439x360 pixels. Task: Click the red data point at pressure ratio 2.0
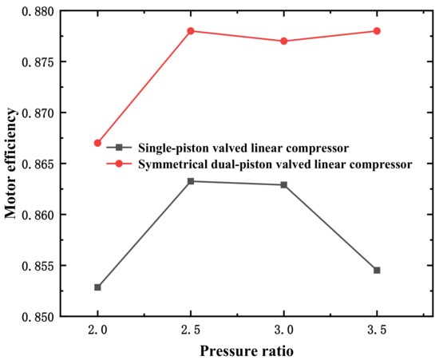click(97, 143)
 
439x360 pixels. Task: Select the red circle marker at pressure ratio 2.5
click(191, 30)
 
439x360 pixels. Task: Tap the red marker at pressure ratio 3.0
click(283, 41)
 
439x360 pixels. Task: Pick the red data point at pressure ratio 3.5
click(377, 30)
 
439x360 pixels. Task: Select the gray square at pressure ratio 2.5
click(191, 181)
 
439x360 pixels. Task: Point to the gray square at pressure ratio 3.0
click(283, 184)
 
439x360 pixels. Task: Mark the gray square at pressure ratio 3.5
click(377, 270)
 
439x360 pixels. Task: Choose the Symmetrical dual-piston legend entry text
click(275, 164)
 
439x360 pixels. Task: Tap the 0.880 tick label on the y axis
click(38, 10)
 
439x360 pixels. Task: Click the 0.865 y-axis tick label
click(38, 164)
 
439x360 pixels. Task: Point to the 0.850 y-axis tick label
click(38, 317)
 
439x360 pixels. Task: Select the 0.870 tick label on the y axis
click(38, 113)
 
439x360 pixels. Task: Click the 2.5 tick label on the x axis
click(191, 330)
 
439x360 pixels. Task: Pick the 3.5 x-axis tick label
click(377, 330)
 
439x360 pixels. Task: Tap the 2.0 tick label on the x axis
click(97, 330)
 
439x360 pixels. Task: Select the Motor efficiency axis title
click(10, 164)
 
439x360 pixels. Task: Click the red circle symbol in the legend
click(119, 164)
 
